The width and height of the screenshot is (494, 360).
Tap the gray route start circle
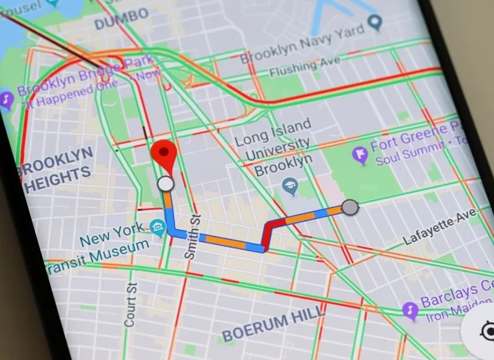(350, 207)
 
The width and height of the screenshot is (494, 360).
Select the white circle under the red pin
(165, 183)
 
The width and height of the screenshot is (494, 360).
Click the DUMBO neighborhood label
(122, 19)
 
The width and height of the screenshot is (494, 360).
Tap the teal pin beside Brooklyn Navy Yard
(374, 23)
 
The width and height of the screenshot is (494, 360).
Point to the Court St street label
(131, 303)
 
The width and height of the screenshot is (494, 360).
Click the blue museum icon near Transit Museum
(157, 228)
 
